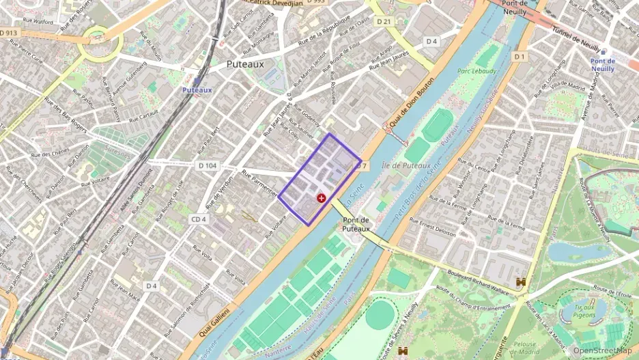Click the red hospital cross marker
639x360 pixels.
(322, 197)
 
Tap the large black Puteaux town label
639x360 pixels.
(245, 64)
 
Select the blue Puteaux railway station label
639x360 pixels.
(197, 89)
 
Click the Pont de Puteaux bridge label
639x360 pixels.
(356, 224)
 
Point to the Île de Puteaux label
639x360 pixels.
(407, 165)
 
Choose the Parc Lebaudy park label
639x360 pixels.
(477, 70)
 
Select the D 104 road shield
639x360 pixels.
(208, 165)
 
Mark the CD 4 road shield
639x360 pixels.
(199, 219)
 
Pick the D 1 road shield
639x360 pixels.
(520, 56)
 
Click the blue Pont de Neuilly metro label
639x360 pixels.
(602, 65)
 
